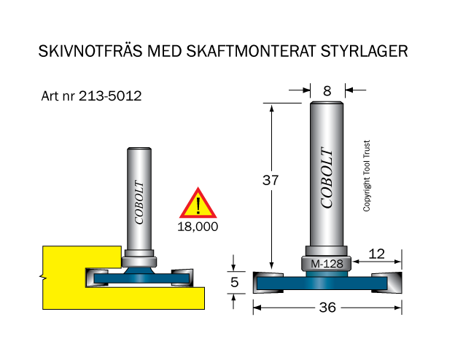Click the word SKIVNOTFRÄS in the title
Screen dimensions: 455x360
tap(90, 51)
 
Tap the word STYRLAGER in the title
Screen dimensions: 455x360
tap(364, 51)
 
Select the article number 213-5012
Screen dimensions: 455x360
tap(110, 95)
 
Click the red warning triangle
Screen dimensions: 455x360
tap(198, 203)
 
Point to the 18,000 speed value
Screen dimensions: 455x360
tap(198, 227)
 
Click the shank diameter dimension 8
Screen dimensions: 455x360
tap(327, 91)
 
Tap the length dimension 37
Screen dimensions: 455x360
tap(271, 180)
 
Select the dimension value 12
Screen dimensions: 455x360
tap(377, 254)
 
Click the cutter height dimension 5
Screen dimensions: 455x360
tap(235, 282)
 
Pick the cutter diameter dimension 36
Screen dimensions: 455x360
tap(327, 308)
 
